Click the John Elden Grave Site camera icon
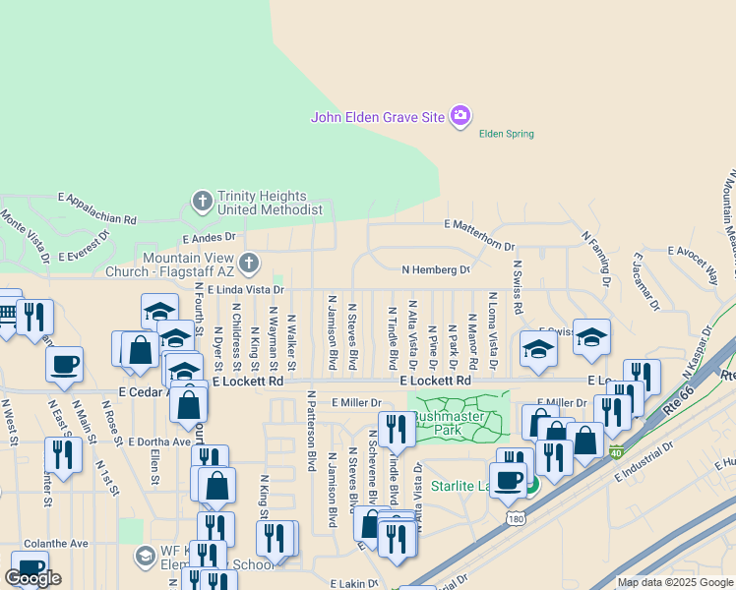tap(460, 117)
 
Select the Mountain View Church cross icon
tap(249, 263)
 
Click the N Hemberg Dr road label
tap(436, 268)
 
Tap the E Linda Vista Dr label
tap(246, 289)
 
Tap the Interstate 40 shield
tap(615, 452)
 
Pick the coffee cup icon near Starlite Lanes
tap(509, 479)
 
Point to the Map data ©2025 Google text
tap(675, 582)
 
